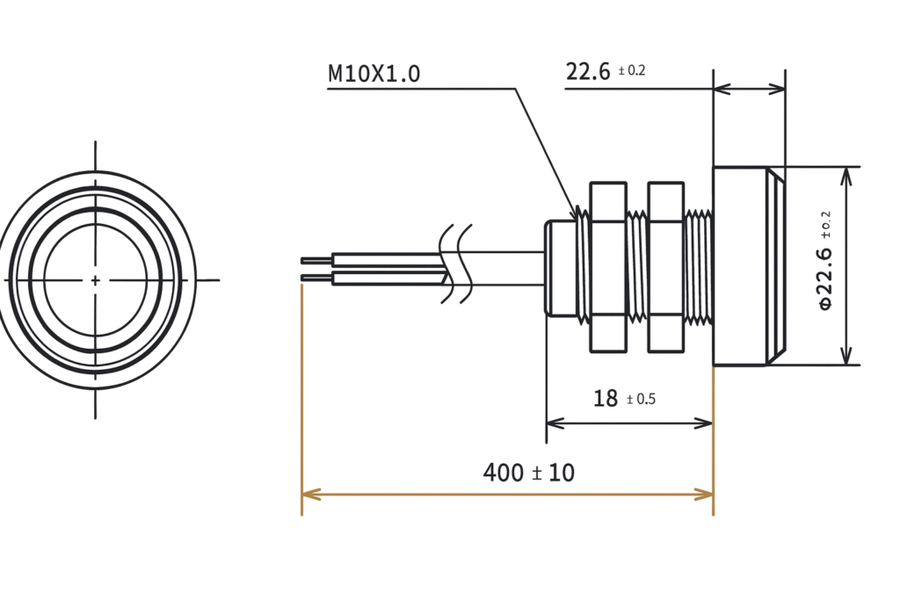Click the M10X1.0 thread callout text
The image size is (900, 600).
click(x=374, y=74)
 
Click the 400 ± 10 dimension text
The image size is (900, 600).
click(x=528, y=473)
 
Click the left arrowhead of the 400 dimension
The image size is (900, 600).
click(x=308, y=495)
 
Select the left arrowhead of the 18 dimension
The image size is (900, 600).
click(x=553, y=423)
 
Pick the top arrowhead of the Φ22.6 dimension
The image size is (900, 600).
click(x=846, y=172)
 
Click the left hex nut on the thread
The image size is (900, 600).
click(x=607, y=266)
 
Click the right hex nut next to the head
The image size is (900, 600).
click(x=665, y=266)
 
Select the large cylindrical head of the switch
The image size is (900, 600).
click(x=739, y=266)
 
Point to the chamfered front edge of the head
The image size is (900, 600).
click(x=775, y=266)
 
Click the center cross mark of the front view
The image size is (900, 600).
click(x=95, y=279)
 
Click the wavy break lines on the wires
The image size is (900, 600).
click(x=456, y=264)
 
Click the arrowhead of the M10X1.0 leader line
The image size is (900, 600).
click(x=578, y=213)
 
